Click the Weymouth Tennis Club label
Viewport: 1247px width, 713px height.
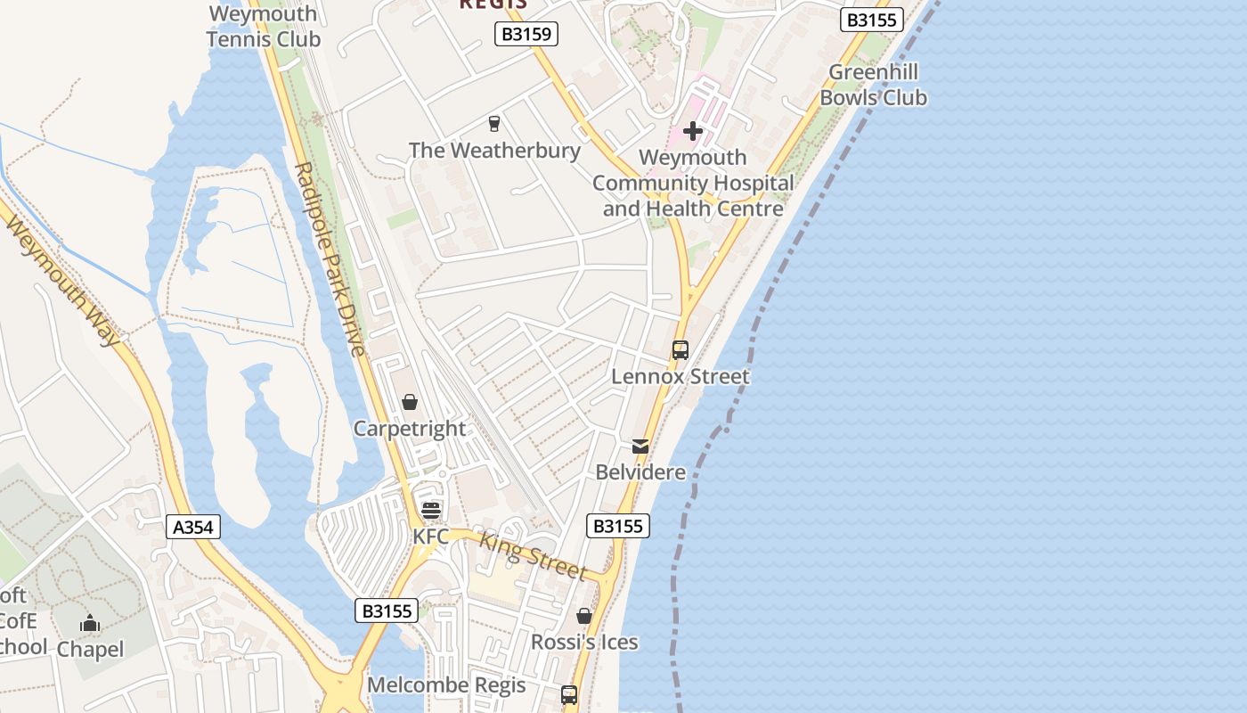click(263, 27)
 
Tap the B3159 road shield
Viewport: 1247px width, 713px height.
click(526, 35)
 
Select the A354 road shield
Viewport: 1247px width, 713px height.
click(193, 527)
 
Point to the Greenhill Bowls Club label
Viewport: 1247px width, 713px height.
click(873, 85)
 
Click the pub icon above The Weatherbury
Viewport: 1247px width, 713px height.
click(494, 124)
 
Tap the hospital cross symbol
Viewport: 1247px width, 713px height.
click(693, 132)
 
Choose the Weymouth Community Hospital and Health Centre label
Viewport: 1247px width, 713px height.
click(693, 183)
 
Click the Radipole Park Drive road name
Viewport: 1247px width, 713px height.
click(330, 258)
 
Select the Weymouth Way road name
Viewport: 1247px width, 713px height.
click(63, 279)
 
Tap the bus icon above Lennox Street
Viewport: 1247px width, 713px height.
click(681, 350)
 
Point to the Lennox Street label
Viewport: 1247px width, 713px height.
click(681, 376)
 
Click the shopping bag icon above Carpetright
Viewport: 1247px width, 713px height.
click(410, 403)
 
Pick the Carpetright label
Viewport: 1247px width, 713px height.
click(410, 429)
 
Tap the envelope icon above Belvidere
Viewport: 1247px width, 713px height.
click(640, 447)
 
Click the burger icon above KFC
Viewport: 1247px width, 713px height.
click(431, 511)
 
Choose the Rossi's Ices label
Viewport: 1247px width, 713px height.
click(584, 642)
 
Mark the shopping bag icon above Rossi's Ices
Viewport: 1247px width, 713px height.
click(584, 616)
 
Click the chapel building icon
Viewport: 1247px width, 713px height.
click(90, 624)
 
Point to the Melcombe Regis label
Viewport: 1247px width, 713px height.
click(446, 685)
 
